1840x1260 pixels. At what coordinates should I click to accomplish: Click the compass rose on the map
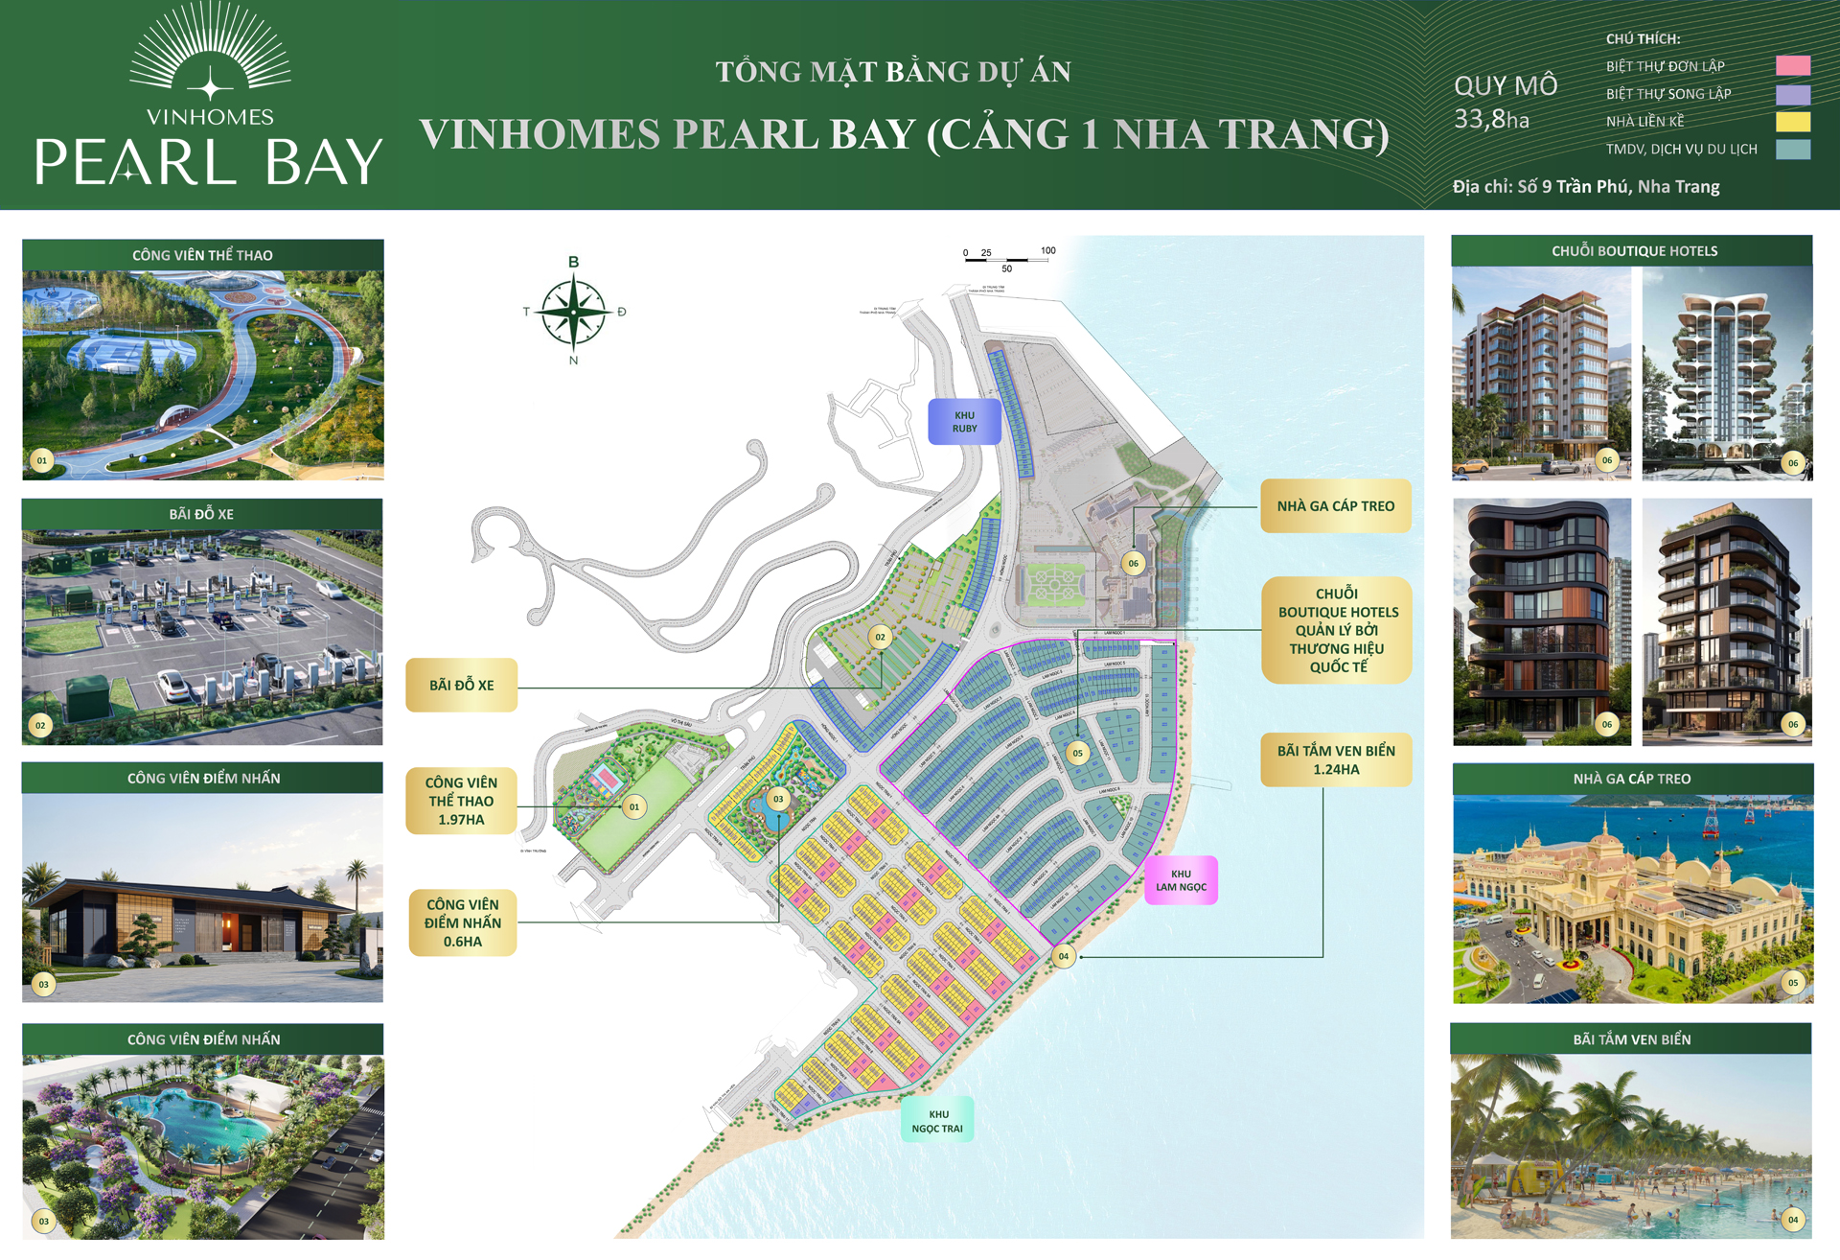[x=573, y=312]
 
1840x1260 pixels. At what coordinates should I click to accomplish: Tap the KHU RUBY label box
[x=964, y=422]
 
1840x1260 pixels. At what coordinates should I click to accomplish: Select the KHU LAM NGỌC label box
[x=1181, y=880]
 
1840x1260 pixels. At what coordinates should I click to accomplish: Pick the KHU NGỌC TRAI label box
[x=937, y=1120]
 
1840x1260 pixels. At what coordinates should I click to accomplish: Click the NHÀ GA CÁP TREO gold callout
[x=1335, y=506]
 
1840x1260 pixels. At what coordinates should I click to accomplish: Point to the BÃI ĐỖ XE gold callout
[x=461, y=685]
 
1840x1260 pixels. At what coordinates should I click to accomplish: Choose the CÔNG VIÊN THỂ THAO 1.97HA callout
[x=461, y=801]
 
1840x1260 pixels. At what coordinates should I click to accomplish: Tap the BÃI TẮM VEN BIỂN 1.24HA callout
[x=1336, y=759]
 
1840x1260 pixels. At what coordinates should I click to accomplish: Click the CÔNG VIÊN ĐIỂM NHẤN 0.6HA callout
[x=463, y=922]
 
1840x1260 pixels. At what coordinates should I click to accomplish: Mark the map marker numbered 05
[x=1077, y=753]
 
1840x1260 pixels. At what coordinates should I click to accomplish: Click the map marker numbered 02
[x=880, y=637]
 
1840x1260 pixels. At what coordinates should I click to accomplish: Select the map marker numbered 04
[x=1063, y=956]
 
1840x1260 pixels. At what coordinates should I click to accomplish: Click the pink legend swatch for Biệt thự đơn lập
[x=1792, y=65]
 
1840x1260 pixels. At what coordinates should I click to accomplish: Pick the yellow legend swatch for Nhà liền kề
[x=1792, y=121]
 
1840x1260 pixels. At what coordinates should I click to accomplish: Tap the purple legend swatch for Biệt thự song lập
[x=1792, y=94]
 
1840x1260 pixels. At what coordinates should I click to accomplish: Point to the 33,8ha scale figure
[x=1491, y=120]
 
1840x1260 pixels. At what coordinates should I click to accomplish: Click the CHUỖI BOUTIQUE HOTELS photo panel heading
[x=1633, y=251]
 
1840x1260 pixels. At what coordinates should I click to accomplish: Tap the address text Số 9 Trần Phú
[x=1586, y=186]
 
